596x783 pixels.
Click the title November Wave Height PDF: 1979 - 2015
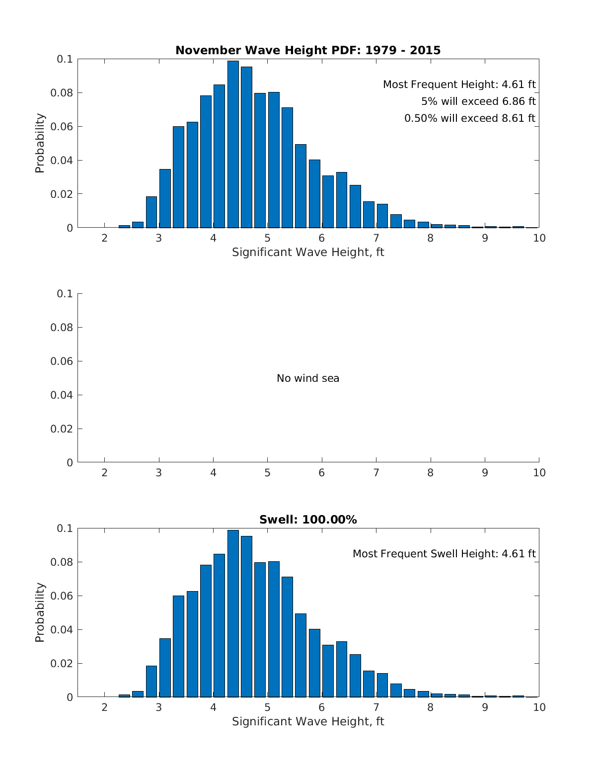308,50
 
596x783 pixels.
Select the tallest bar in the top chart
233,144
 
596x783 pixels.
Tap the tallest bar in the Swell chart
233,613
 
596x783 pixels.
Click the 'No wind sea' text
308,378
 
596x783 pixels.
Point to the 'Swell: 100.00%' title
308,520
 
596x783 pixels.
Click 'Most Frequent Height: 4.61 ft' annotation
459,85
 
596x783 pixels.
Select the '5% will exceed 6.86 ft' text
478,101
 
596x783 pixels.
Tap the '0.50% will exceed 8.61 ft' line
470,118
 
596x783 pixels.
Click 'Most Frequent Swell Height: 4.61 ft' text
444,554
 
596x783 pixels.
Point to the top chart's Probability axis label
40,143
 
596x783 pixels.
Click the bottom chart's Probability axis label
40,612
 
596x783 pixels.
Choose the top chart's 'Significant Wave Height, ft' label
308,252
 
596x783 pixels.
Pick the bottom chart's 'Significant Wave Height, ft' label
308,721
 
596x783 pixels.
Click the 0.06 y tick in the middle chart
62,361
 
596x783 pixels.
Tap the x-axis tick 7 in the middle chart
376,473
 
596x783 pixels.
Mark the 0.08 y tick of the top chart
62,93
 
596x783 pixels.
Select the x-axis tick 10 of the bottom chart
539,707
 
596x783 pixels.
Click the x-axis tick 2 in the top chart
104,238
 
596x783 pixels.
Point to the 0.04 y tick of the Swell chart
62,630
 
